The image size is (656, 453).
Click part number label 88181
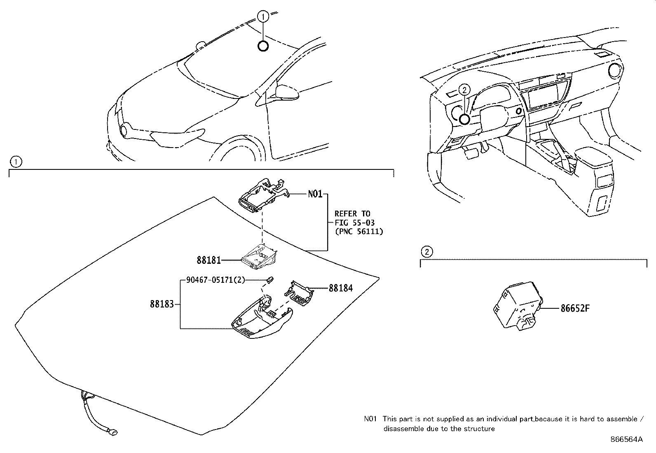[209, 260]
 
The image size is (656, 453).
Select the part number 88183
[162, 304]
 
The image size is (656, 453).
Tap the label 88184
[340, 288]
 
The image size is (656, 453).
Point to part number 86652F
[575, 308]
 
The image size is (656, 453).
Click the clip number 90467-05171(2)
[216, 280]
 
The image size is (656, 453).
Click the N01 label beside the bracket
[315, 194]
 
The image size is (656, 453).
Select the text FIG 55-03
[354, 223]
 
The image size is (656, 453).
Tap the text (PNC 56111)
[358, 232]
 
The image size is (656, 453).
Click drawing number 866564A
[626, 439]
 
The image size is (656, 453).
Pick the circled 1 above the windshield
[263, 16]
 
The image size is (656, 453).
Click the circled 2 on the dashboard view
[464, 89]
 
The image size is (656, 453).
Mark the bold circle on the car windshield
[263, 46]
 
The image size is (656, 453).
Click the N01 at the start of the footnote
[370, 419]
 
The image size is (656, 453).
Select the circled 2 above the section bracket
[426, 251]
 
